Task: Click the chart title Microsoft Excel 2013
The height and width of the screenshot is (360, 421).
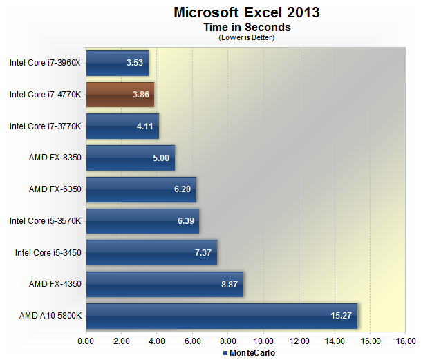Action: tap(247, 12)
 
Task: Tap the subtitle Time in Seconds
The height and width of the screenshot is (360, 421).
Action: tap(247, 28)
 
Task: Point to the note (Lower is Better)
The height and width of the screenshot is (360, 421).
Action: tap(247, 37)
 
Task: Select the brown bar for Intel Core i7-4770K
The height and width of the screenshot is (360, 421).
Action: tap(120, 95)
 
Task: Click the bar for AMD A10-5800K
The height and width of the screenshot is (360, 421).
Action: tap(221, 316)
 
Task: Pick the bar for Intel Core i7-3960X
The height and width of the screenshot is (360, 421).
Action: tap(117, 63)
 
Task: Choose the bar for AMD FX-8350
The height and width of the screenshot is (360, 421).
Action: tap(130, 158)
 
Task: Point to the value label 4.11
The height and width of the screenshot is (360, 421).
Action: tap(145, 126)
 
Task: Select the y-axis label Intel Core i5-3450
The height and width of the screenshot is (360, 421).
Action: tap(48, 253)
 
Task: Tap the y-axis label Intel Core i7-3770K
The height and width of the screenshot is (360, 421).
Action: tap(46, 126)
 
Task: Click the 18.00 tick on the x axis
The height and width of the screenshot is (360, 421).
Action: tap(406, 341)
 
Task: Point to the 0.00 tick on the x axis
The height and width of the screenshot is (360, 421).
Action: tap(86, 341)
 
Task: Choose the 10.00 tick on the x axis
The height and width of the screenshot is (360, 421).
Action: tap(263, 341)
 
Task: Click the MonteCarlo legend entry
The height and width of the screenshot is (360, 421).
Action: tap(248, 353)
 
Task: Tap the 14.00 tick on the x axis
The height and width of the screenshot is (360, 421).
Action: tap(335, 341)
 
